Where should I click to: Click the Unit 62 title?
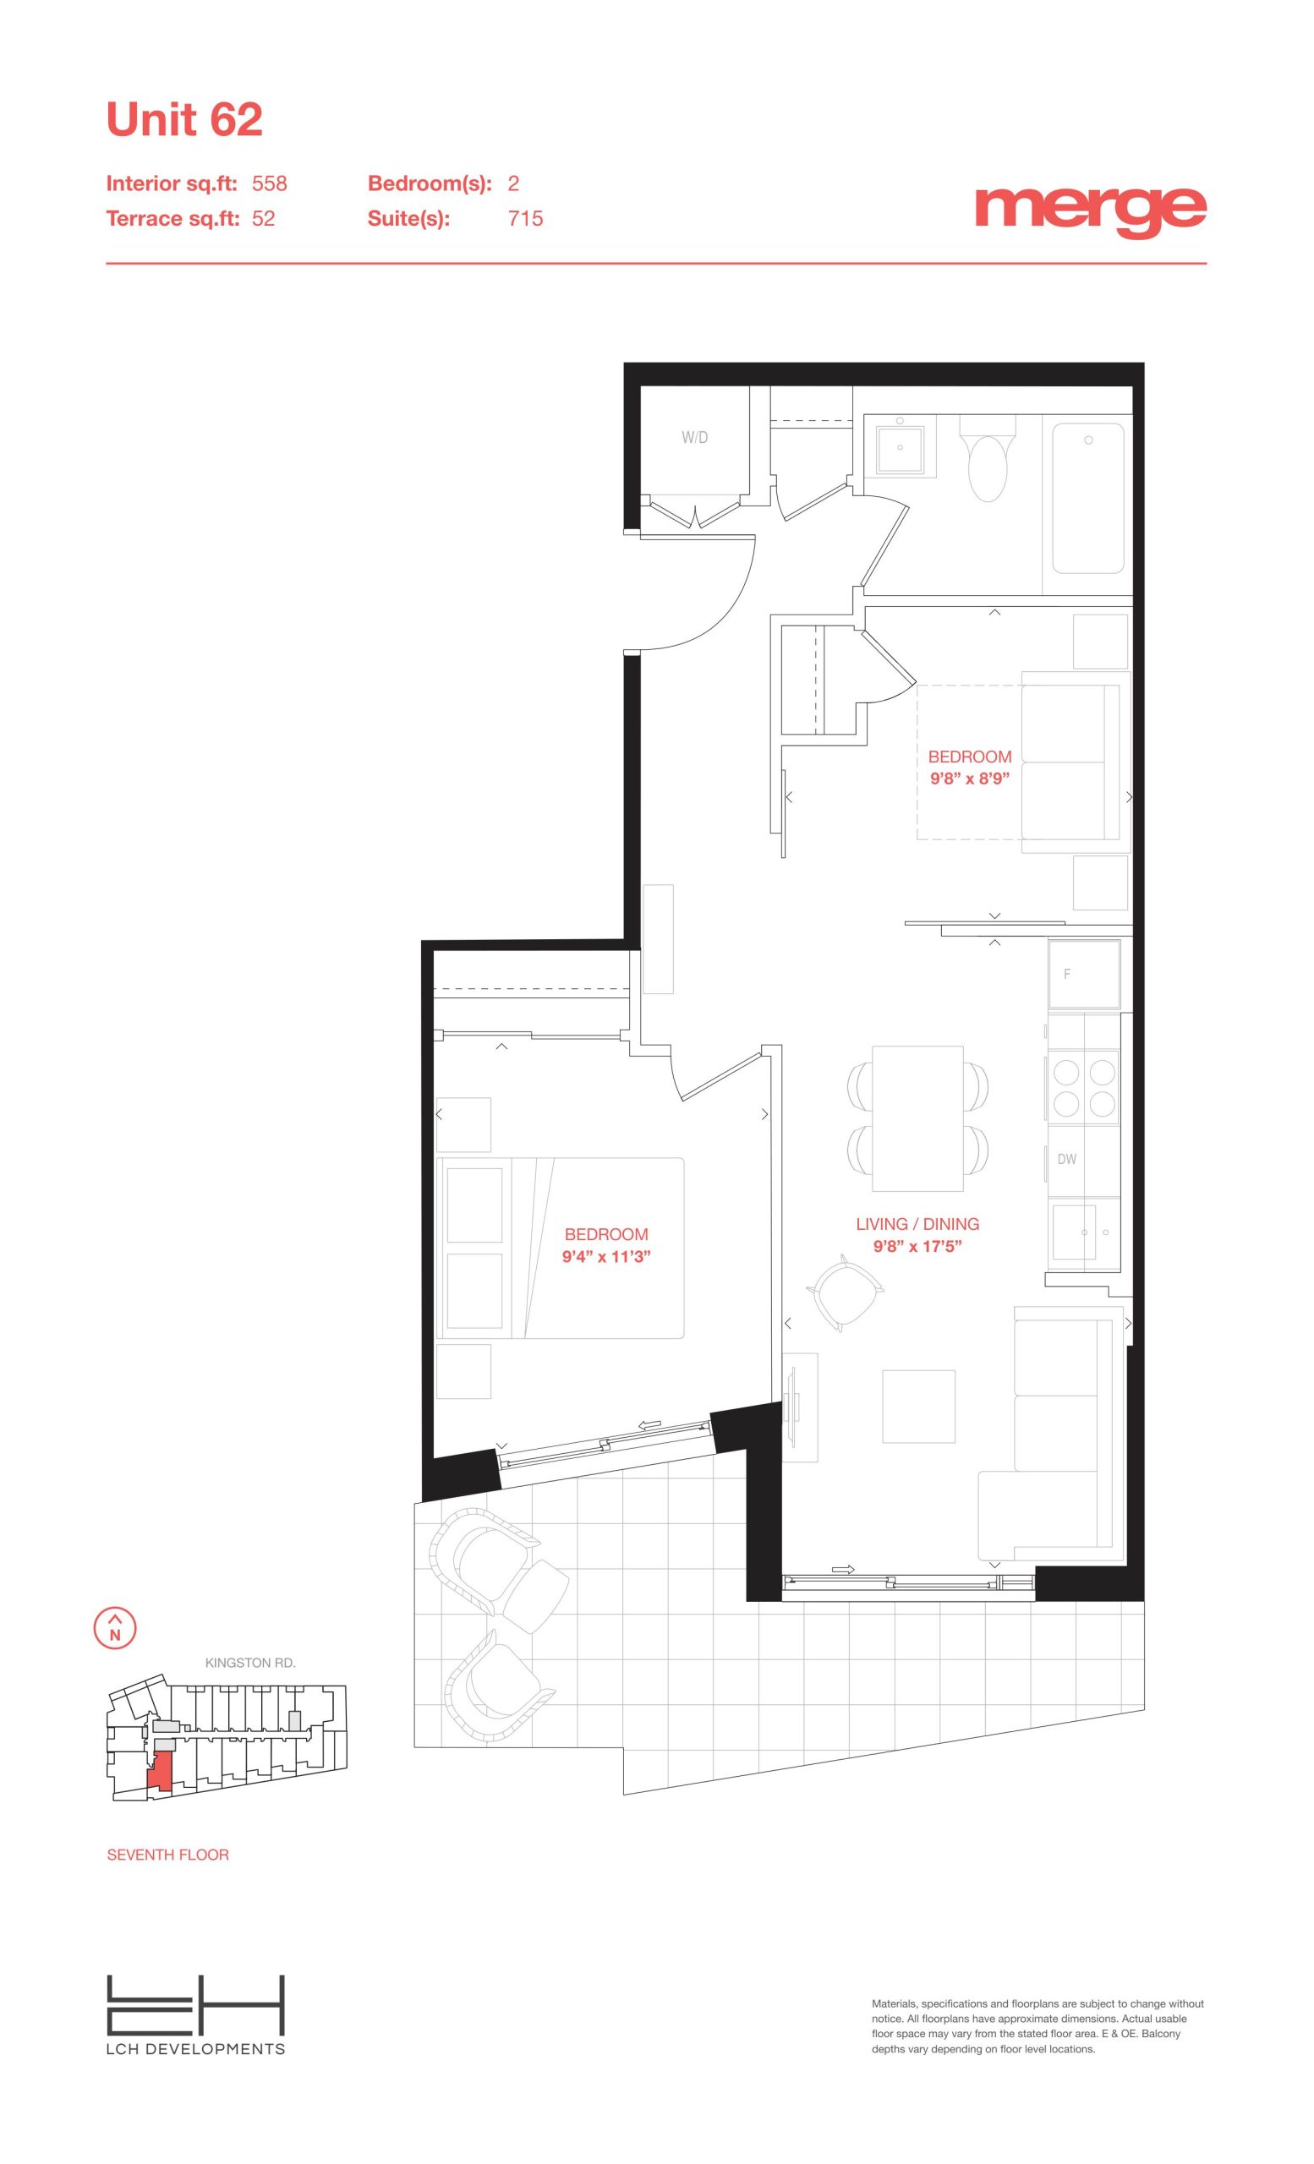click(x=184, y=119)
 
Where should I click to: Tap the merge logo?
click(x=1091, y=210)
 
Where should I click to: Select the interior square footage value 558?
click(x=270, y=183)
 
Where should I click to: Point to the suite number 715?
click(x=525, y=219)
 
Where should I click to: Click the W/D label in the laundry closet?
click(x=695, y=437)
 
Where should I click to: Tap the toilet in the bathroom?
click(x=988, y=456)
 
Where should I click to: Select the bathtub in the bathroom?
click(x=1088, y=498)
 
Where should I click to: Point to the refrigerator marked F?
click(x=1084, y=974)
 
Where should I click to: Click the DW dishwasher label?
click(x=1067, y=1159)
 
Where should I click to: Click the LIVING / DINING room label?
click(x=918, y=1224)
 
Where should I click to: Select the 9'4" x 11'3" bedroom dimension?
click(x=606, y=1257)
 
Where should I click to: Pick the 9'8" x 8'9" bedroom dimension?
click(x=970, y=779)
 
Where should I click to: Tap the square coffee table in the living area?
click(x=919, y=1406)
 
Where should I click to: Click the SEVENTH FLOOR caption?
click(x=167, y=1855)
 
